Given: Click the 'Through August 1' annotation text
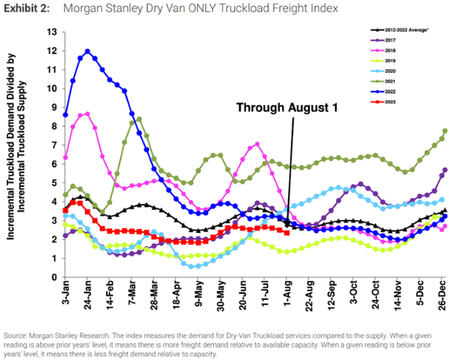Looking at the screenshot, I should coord(289,108).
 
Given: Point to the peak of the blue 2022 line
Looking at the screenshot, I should coord(88,51).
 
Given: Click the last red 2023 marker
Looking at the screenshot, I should coord(286,232).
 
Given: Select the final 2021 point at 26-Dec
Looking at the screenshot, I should coord(445,131).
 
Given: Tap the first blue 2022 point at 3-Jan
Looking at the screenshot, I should coord(65,114).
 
